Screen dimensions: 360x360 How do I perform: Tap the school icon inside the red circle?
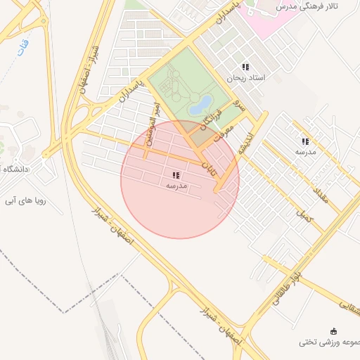176,175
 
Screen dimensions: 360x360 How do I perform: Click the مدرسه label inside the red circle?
176,186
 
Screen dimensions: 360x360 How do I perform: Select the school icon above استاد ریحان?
245,66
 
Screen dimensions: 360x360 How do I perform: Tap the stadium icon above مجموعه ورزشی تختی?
333,330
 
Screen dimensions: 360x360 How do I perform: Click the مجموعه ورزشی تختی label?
329,342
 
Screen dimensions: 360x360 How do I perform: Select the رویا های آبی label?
25,200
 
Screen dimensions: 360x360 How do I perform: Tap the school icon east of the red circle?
305,141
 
